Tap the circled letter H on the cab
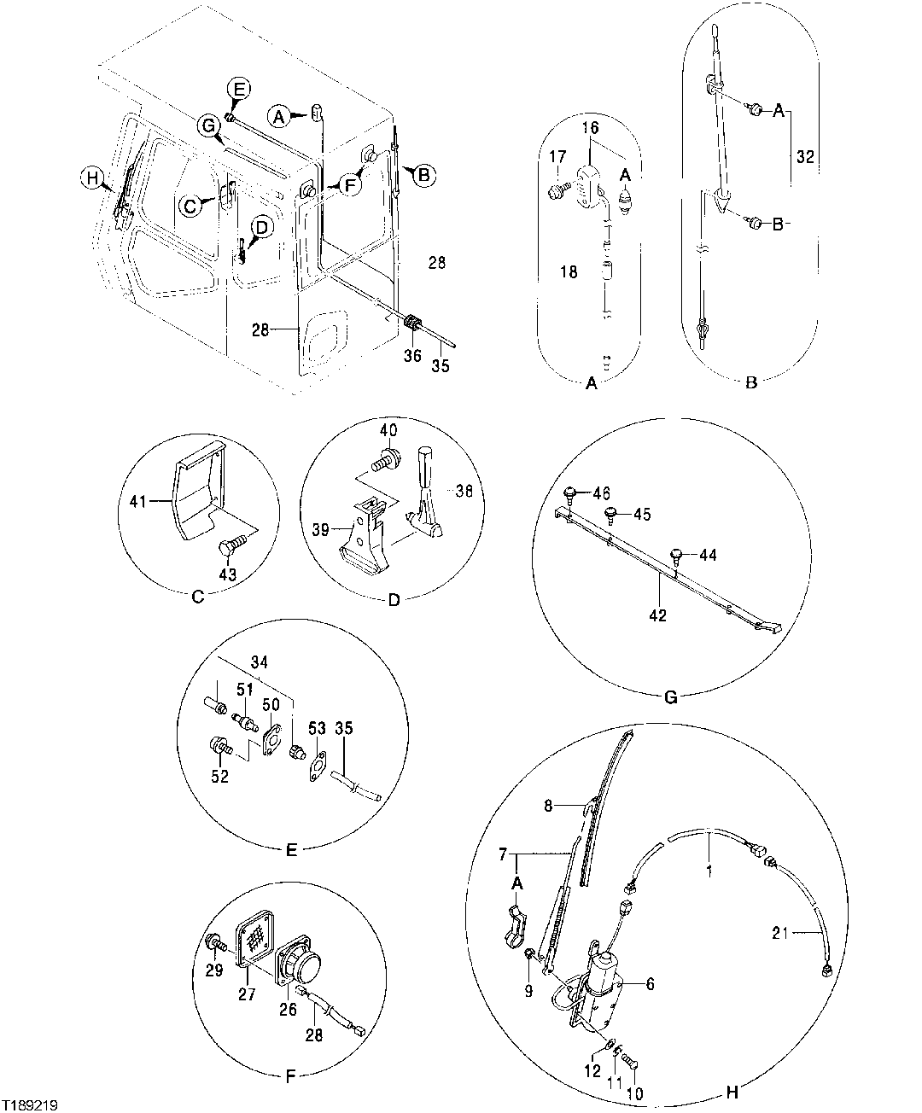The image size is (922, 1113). click(x=91, y=178)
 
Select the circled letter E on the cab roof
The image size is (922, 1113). click(x=239, y=88)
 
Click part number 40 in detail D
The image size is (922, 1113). click(x=388, y=430)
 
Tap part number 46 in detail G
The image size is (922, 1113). click(x=602, y=493)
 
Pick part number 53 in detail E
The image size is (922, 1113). click(x=317, y=727)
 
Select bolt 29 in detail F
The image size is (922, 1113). click(x=213, y=942)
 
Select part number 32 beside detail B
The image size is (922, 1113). click(x=804, y=157)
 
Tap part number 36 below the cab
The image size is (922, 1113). click(x=412, y=355)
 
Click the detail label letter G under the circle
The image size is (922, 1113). click(x=670, y=697)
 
